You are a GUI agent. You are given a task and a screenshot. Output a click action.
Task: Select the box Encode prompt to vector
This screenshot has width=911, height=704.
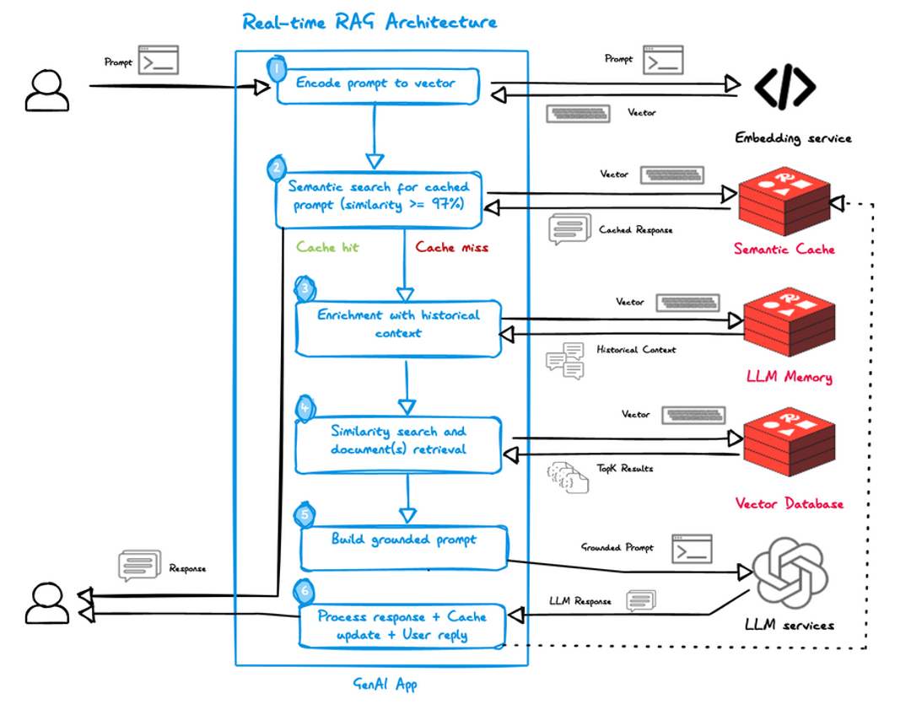(x=378, y=85)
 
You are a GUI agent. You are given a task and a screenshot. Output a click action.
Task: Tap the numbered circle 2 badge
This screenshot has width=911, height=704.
(x=276, y=168)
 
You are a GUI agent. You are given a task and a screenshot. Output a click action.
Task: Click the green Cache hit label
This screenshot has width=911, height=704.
(x=327, y=248)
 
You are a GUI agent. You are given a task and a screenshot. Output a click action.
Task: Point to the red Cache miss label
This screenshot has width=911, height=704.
(x=452, y=248)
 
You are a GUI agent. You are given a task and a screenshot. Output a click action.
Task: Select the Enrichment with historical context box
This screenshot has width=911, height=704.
(x=398, y=325)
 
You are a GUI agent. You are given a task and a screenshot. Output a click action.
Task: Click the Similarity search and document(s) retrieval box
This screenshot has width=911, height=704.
(x=398, y=441)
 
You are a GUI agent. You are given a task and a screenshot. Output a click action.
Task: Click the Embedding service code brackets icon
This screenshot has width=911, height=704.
(x=784, y=86)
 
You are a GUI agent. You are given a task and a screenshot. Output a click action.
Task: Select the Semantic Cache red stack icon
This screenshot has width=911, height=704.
(x=784, y=202)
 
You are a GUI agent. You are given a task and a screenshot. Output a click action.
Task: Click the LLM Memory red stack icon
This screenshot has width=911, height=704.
(x=788, y=325)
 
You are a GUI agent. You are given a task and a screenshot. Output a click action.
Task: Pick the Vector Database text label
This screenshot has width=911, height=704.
(x=789, y=504)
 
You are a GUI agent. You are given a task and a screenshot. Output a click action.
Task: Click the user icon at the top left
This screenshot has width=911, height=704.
(x=46, y=90)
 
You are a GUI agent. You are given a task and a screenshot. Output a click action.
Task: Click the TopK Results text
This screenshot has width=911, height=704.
(x=625, y=469)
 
